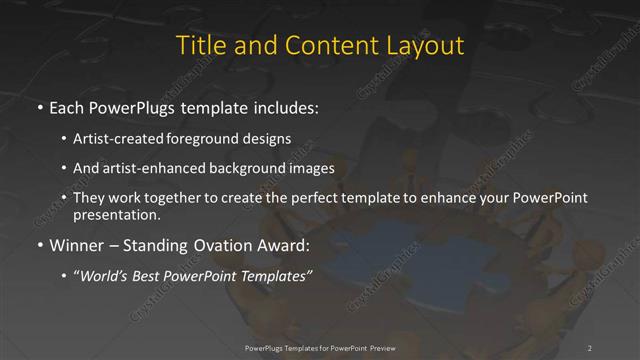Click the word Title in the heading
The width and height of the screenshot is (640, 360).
coord(201,46)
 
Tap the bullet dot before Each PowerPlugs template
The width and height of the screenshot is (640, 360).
coord(38,107)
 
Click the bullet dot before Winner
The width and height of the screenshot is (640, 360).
coord(38,245)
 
